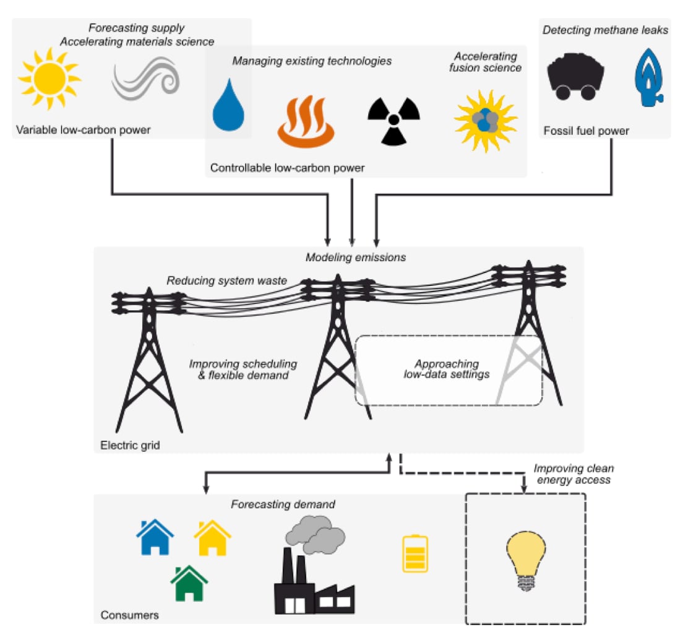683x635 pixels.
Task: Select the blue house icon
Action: click(x=155, y=537)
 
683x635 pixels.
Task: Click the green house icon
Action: click(x=189, y=584)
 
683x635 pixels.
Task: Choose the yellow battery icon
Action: click(x=415, y=553)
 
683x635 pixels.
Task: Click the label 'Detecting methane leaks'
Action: click(x=605, y=30)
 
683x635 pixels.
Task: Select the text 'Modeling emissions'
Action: click(x=356, y=257)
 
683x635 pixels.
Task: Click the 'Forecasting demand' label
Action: click(x=283, y=504)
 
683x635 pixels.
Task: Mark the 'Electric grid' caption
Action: click(x=129, y=444)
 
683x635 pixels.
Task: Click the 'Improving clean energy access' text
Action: click(x=573, y=474)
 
